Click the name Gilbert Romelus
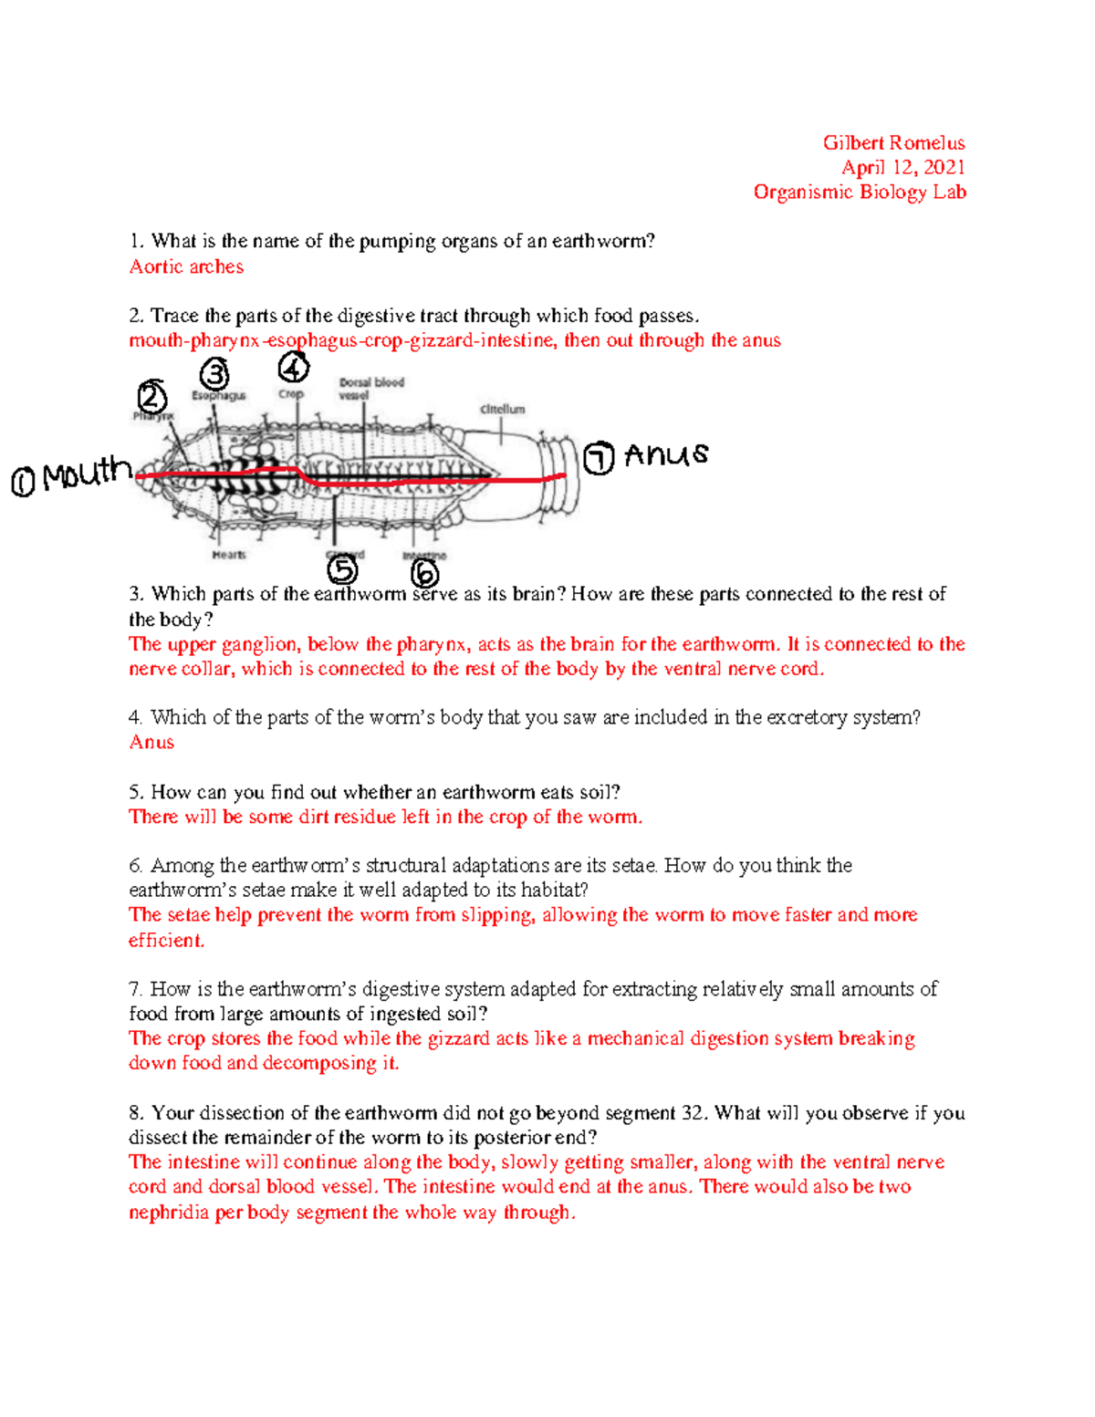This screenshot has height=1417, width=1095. (x=893, y=142)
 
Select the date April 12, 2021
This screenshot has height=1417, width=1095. (x=902, y=167)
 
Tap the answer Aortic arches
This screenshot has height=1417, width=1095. (x=186, y=266)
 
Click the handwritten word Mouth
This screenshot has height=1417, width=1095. (x=87, y=474)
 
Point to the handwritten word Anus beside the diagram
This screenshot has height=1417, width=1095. (x=666, y=454)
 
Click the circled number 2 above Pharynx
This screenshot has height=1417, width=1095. (x=152, y=398)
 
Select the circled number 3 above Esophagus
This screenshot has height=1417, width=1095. (x=214, y=373)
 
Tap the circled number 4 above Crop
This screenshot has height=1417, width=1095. (x=293, y=368)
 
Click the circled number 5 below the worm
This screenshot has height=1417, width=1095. (x=342, y=570)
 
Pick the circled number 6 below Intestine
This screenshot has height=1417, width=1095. (x=424, y=574)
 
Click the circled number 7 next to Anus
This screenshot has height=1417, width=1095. (x=599, y=458)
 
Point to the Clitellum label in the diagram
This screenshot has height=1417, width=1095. (x=503, y=410)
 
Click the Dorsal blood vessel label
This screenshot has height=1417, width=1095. (x=370, y=389)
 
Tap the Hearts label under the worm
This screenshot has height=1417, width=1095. (x=229, y=555)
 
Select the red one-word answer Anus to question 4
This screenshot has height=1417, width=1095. (x=151, y=742)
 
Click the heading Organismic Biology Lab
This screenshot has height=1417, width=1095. (x=860, y=192)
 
